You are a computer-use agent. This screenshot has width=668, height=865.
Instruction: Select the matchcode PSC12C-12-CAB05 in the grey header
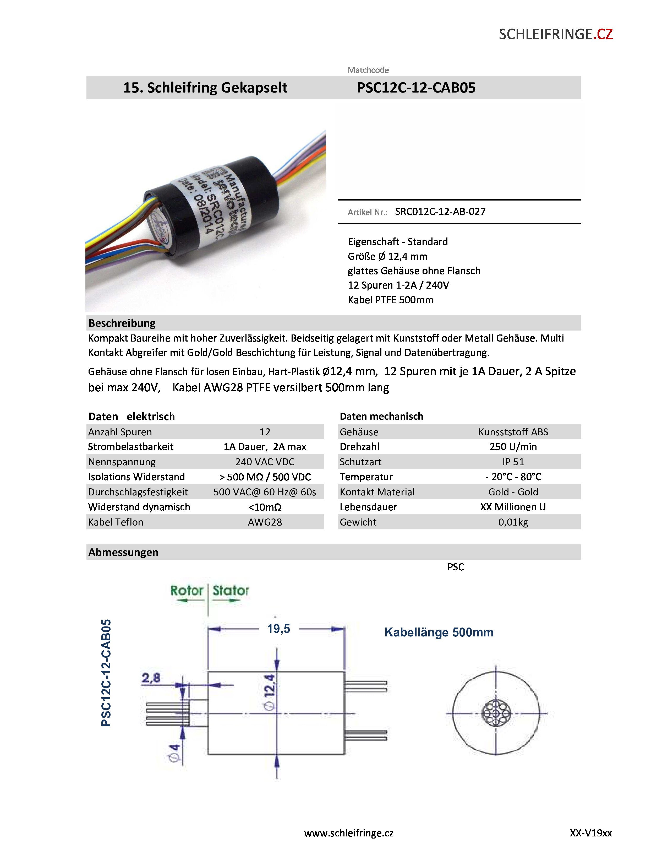[416, 88]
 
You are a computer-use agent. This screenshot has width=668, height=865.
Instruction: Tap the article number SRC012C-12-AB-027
[440, 212]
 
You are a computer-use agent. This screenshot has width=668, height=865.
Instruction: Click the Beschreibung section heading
[122, 323]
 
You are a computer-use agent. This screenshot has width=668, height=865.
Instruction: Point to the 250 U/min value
[513, 447]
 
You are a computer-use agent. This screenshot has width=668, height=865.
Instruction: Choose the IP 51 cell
[513, 462]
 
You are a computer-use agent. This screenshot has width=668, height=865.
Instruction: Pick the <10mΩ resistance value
[265, 507]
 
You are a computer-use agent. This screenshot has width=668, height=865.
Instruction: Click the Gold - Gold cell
[513, 492]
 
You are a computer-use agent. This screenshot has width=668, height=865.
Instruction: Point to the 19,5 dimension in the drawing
[279, 629]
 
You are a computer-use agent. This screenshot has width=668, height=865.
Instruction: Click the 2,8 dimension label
[151, 678]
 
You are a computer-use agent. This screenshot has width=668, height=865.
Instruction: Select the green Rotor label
[187, 591]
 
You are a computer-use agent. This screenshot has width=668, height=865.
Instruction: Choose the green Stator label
[231, 591]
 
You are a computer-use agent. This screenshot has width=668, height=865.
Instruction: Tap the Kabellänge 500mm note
[439, 632]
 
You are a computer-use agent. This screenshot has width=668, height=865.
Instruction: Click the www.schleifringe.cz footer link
[349, 833]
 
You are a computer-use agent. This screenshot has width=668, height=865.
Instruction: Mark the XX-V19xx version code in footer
[590, 833]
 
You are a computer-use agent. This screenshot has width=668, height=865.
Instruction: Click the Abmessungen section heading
[123, 552]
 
